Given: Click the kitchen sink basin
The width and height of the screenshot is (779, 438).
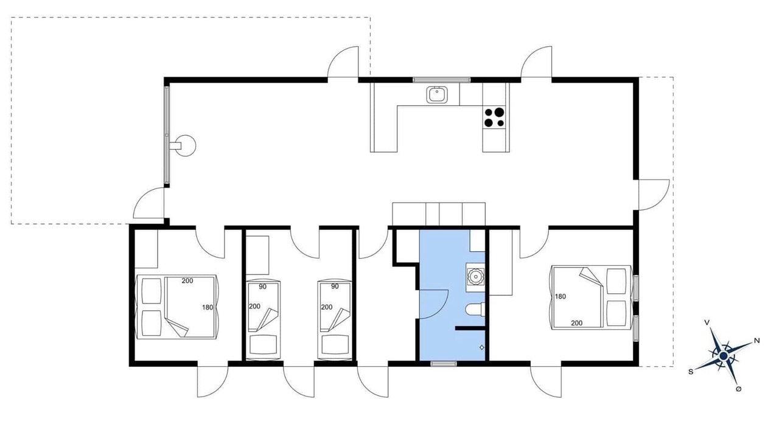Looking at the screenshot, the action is [437, 94].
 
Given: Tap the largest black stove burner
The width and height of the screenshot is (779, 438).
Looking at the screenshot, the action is [500, 112].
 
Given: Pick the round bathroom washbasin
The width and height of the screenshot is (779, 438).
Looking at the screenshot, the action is [475, 277].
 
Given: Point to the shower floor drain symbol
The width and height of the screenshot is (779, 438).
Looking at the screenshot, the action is [481, 347].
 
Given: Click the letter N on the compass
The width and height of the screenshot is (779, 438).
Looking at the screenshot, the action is [756, 341].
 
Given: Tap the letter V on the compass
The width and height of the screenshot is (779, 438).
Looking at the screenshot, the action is [707, 322].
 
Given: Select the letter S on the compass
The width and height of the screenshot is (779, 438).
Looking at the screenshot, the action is [691, 372].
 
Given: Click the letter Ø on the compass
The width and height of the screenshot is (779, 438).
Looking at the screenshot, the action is [739, 389].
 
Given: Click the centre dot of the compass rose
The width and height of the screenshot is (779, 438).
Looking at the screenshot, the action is [724, 356].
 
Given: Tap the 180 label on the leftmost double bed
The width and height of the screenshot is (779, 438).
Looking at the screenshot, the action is [208, 307].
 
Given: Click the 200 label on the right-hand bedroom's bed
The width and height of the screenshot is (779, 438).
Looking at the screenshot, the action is [576, 323].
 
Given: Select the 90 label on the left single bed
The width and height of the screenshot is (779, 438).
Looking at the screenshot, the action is [262, 287].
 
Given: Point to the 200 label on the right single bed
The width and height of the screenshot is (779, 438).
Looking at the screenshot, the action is [327, 307].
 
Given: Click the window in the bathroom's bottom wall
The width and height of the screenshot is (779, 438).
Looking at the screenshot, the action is [444, 364].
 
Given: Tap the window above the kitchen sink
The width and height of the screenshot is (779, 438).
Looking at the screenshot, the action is [442, 80].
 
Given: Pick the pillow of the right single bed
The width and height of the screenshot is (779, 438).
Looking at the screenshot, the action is [335, 344].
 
